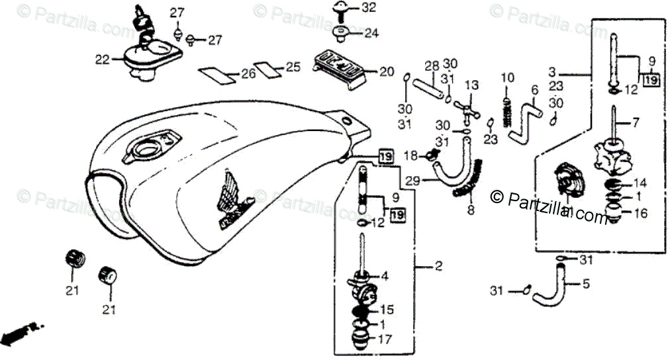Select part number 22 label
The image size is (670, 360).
[101, 60]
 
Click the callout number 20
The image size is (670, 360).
[386, 71]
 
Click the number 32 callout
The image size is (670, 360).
[369, 8]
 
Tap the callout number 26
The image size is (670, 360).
[248, 74]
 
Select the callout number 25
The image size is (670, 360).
[293, 67]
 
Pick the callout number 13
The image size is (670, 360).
[471, 85]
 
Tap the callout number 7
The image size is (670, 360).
[637, 122]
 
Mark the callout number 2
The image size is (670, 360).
[438, 267]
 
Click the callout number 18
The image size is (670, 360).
[410, 156]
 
